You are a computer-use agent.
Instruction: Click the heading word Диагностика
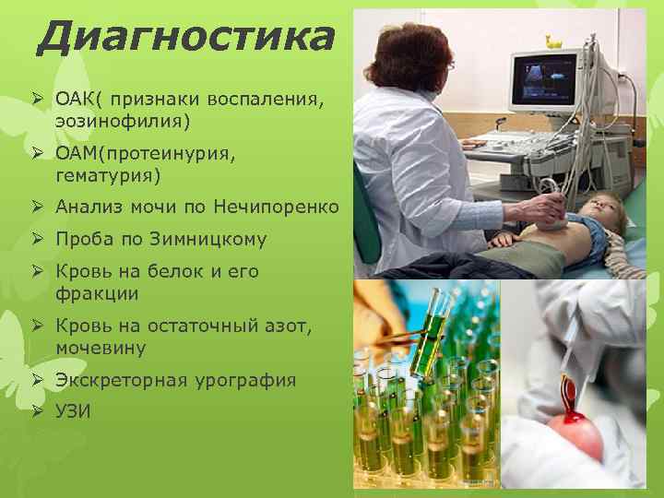pyautogui.click(x=184, y=37)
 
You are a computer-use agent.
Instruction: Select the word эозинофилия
pyautogui.click(x=123, y=120)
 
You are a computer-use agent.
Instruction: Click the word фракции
pyautogui.click(x=97, y=293)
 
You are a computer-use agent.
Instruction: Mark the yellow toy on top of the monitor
pyautogui.click(x=552, y=41)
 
